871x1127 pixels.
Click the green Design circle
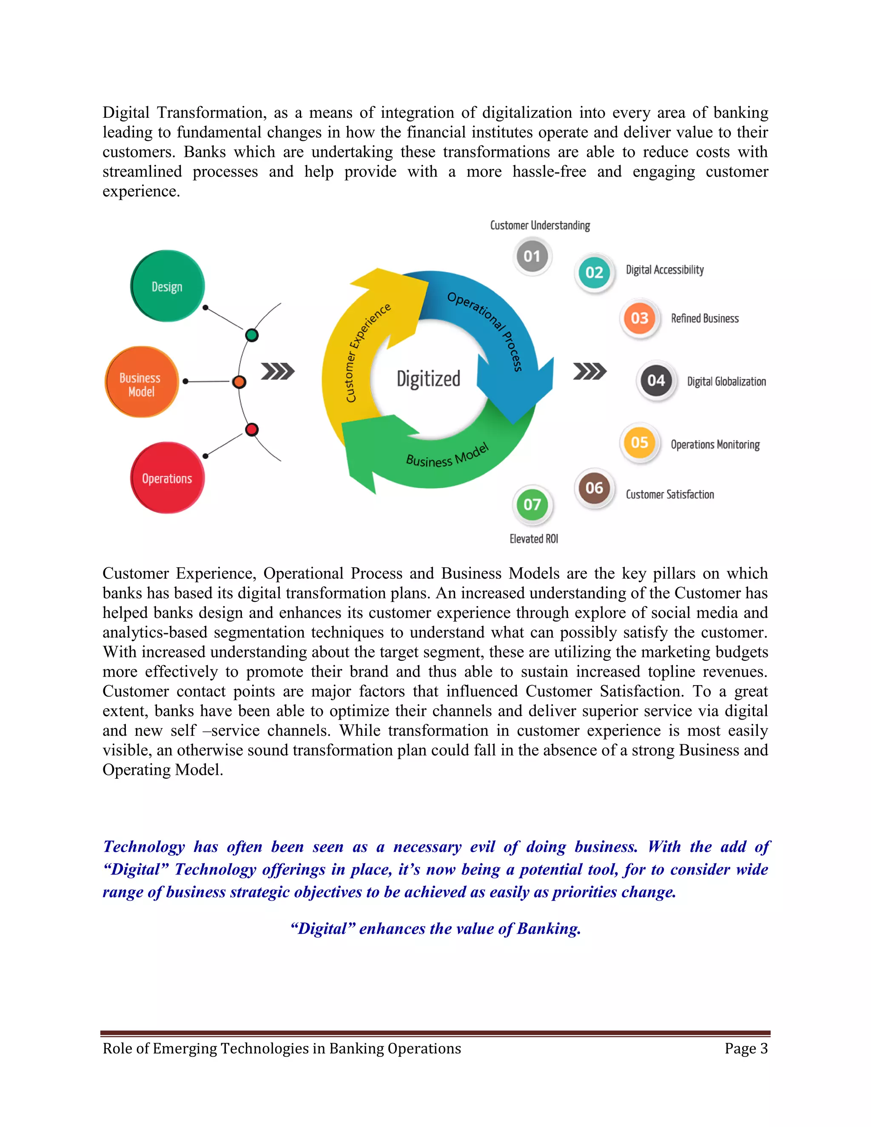pos(168,286)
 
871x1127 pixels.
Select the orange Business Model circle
pos(141,382)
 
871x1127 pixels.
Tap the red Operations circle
pos(168,478)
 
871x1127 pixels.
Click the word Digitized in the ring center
pos(428,379)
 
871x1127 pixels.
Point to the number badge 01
pos(532,256)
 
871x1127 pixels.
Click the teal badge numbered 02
pos(594,273)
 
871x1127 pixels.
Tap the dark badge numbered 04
pos(656,381)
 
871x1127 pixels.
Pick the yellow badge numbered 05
pos(639,443)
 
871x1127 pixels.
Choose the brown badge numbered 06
pos(594,488)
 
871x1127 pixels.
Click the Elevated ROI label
pos(534,539)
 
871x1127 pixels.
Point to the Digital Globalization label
pos(726,382)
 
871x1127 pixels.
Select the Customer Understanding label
pos(540,225)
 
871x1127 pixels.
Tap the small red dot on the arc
pos(252,430)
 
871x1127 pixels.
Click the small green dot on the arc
pos(252,336)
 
